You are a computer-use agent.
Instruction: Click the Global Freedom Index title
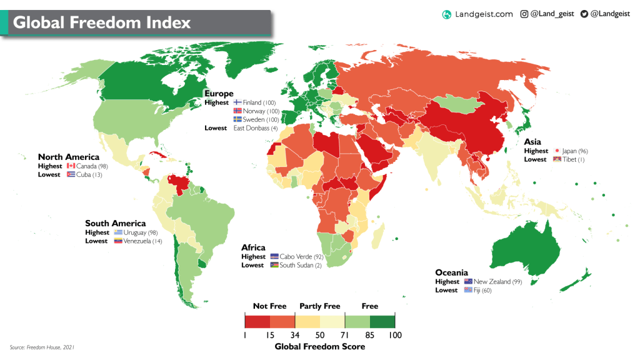pyautogui.click(x=102, y=23)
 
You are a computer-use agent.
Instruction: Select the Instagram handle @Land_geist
pyautogui.click(x=552, y=14)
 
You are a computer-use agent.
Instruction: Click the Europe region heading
pyautogui.click(x=219, y=94)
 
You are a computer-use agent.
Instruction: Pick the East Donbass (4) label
pyautogui.click(x=256, y=128)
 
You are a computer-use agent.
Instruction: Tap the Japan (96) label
pyautogui.click(x=574, y=151)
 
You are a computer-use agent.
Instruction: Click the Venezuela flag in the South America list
pyautogui.click(x=118, y=241)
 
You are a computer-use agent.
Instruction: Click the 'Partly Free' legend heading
pyautogui.click(x=320, y=306)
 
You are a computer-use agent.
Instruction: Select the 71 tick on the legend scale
pyautogui.click(x=344, y=336)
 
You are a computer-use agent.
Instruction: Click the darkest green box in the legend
pyautogui.click(x=382, y=321)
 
